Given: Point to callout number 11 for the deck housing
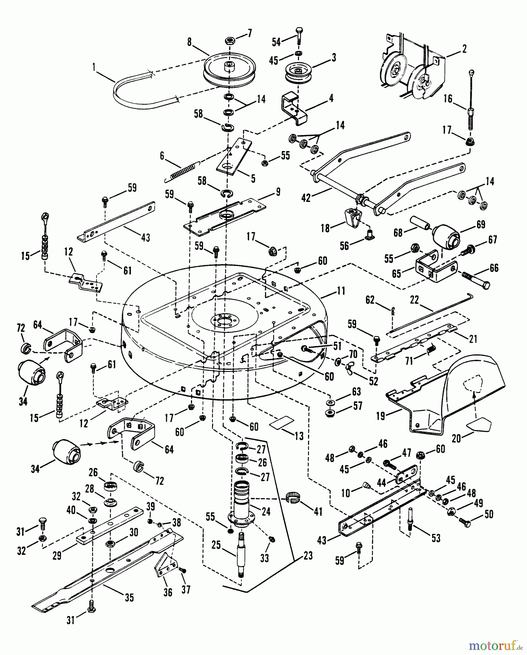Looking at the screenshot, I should click(x=341, y=291).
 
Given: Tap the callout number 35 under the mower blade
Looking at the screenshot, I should click(x=129, y=598).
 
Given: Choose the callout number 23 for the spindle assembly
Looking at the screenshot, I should click(x=308, y=556).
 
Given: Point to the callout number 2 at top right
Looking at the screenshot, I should click(x=464, y=48).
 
